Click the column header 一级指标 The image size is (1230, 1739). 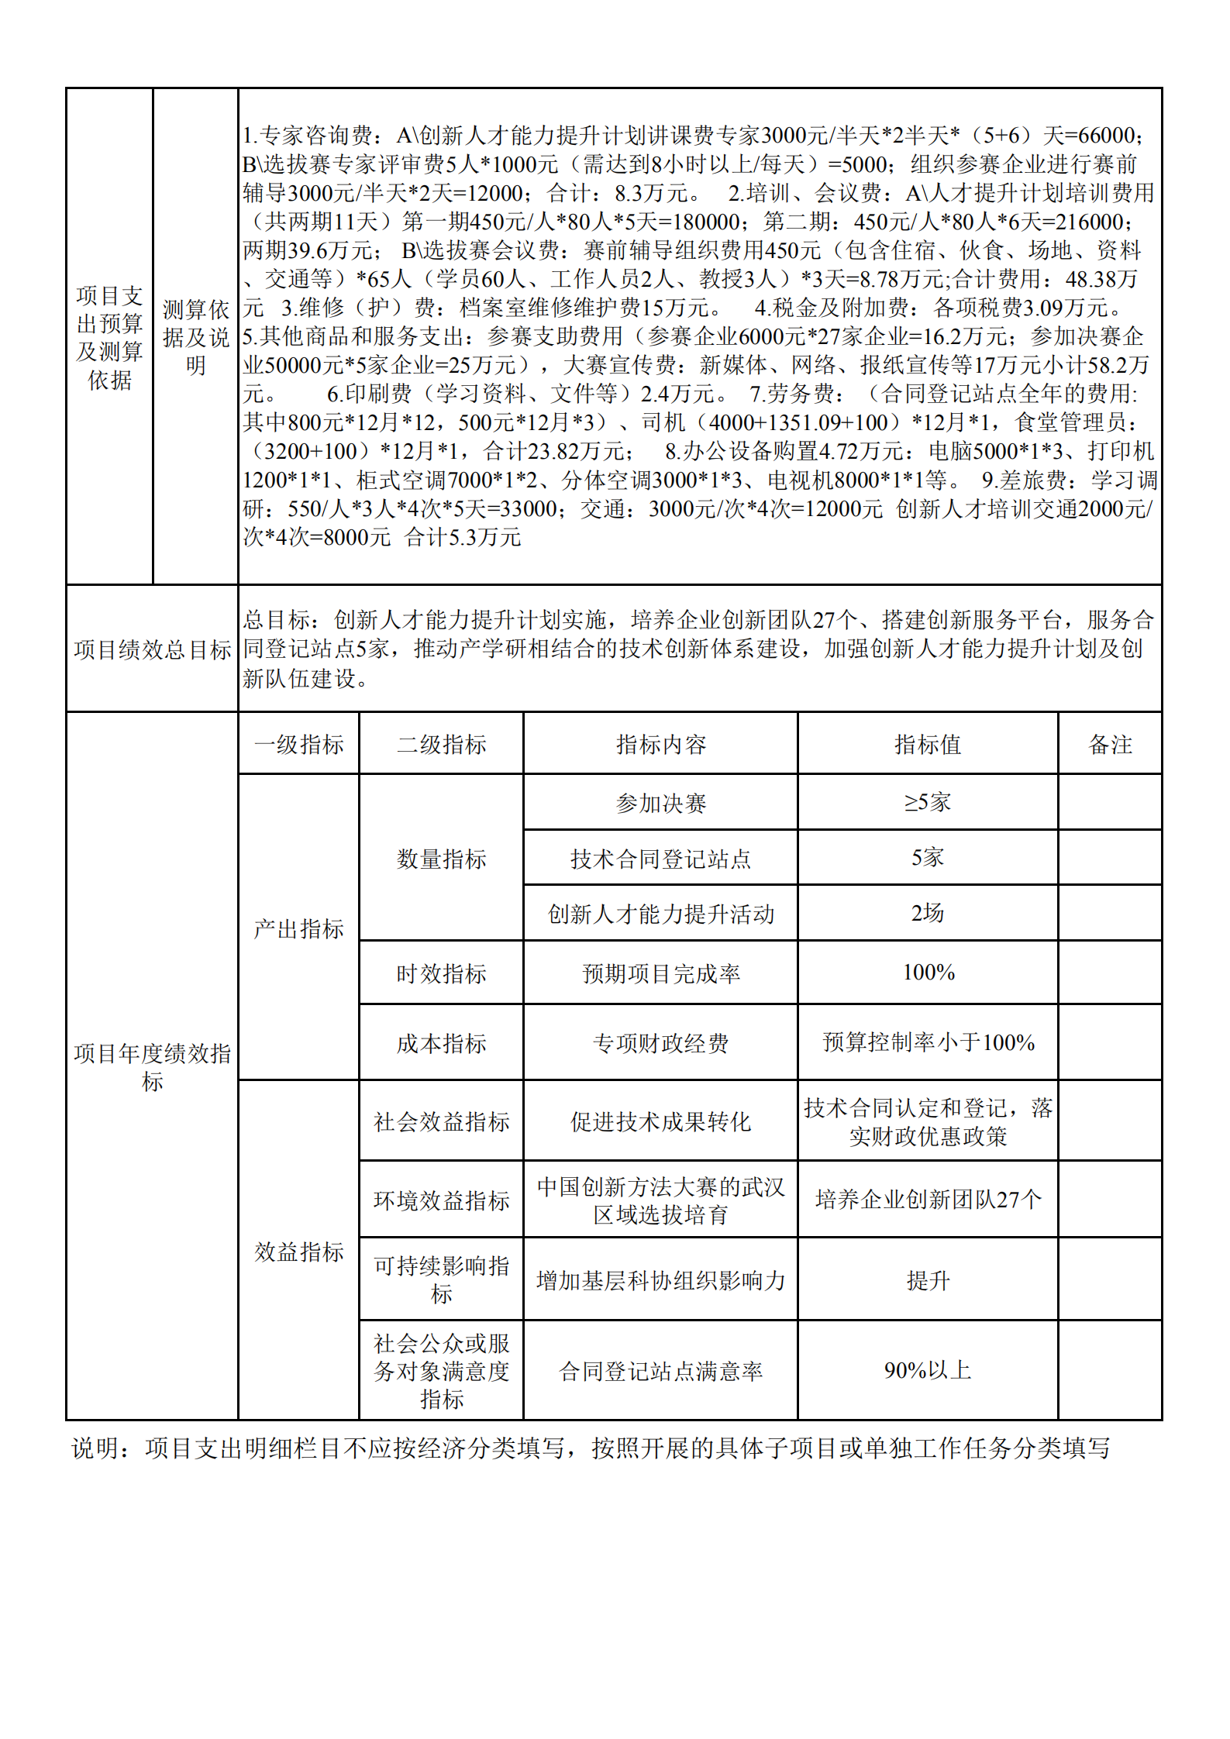(298, 745)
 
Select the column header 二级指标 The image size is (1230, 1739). (441, 745)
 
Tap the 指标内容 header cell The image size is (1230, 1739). (660, 745)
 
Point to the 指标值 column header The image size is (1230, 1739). (927, 745)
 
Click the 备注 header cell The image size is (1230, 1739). (1110, 745)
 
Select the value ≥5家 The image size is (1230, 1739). (927, 802)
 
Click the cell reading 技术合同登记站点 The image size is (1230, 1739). (660, 859)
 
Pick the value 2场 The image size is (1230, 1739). (927, 913)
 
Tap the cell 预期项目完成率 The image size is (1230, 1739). (660, 973)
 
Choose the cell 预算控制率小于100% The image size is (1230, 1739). (928, 1042)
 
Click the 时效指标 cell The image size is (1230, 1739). (441, 973)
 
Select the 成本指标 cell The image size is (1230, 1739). (441, 1043)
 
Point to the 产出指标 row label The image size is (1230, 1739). (298, 928)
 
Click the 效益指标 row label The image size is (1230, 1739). (298, 1252)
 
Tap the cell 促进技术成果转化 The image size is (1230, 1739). (660, 1121)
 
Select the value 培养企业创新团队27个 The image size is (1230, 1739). (928, 1200)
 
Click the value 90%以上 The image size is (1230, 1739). (927, 1370)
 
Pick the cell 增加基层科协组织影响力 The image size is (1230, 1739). (660, 1280)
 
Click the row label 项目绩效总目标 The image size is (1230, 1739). (152, 649)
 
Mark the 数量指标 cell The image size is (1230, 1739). (441, 859)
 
